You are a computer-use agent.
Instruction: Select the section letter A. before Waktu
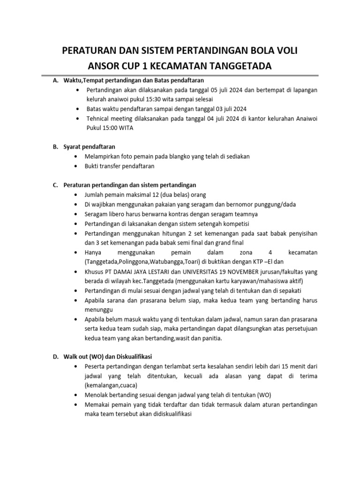click(55, 80)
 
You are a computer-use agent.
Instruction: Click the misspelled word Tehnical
click(97, 119)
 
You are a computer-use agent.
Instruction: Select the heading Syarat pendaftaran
click(90, 147)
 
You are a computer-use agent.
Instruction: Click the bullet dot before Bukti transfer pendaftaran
click(76, 166)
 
